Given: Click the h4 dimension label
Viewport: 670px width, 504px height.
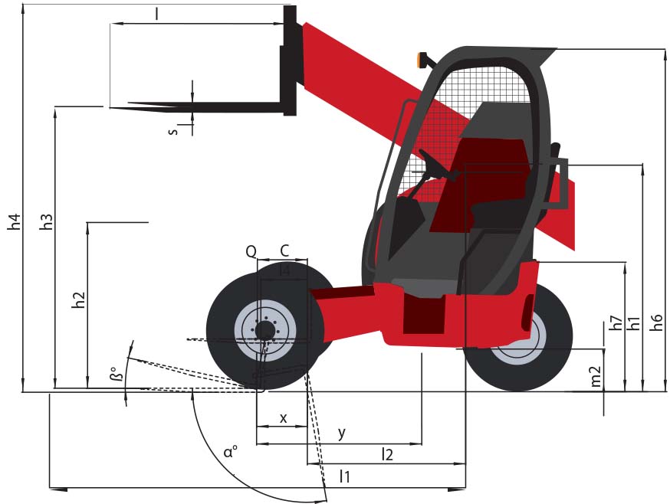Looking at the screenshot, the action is coord(14,221).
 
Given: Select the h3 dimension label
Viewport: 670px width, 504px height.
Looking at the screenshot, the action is coord(46,221).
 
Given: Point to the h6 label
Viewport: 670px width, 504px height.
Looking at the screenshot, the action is coord(657,322).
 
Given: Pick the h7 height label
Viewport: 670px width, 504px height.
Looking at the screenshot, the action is coord(616,323).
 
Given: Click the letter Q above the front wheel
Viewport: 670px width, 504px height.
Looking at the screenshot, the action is coord(251,252).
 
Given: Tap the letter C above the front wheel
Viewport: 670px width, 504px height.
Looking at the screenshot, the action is coord(284,250).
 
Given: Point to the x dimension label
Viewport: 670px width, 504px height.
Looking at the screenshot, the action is coord(284,418).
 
